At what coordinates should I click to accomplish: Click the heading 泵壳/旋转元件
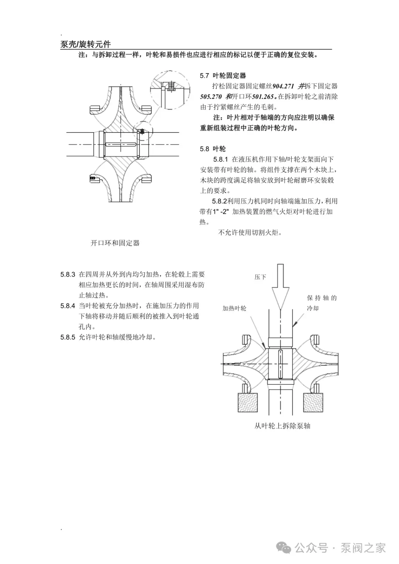85,45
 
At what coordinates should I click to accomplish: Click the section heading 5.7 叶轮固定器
223,76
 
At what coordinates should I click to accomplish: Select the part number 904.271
283,86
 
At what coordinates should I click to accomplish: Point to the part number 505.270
211,97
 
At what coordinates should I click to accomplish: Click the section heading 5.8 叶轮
213,149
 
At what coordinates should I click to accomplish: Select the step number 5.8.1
221,160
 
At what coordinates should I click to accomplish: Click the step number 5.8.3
68,275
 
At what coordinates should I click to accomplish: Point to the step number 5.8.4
68,306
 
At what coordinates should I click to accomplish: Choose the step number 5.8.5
68,337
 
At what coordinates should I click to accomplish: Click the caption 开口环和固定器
115,243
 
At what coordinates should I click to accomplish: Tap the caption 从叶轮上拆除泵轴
282,426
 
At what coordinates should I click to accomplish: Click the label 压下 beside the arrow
260,277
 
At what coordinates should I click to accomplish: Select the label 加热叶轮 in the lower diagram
234,308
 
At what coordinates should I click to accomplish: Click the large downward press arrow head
280,298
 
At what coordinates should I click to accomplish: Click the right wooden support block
313,402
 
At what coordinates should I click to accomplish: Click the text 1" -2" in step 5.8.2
221,212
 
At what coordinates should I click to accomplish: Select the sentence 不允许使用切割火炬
250,233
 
